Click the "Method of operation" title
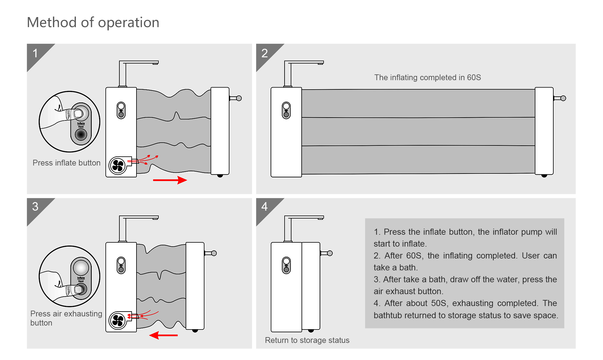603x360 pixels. [93, 22]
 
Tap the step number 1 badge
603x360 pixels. [35, 53]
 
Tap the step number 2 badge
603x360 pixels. [264, 53]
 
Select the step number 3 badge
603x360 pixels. [35, 207]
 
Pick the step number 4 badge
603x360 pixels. [264, 207]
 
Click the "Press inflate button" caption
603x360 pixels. [66, 163]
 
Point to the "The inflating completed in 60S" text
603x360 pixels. [427, 77]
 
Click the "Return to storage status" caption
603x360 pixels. [307, 340]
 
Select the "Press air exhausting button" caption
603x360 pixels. [66, 318]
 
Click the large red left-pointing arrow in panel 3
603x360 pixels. [163, 335]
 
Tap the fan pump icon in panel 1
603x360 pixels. [118, 166]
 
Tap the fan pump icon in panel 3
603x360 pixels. [118, 320]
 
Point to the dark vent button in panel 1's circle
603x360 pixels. [81, 134]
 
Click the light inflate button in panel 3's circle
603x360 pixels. [81, 268]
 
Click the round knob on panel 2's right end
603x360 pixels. [563, 98]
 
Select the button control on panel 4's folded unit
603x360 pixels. [286, 265]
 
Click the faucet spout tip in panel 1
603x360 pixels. [155, 63]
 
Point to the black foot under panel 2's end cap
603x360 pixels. [544, 176]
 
